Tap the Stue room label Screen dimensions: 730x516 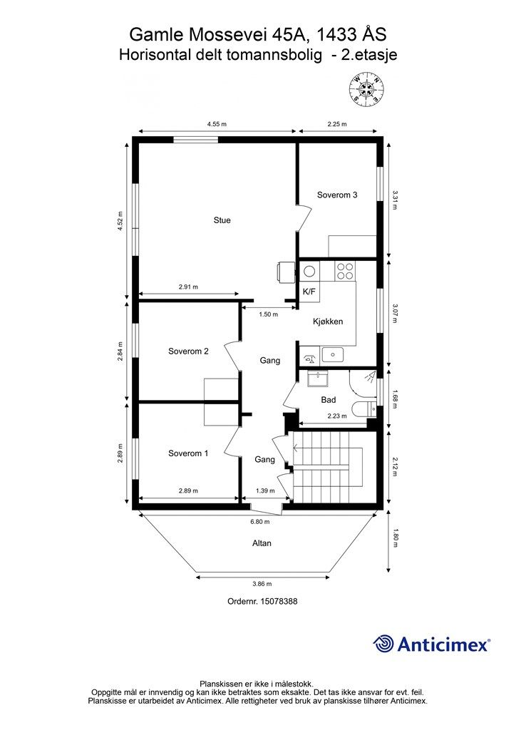pyautogui.click(x=222, y=220)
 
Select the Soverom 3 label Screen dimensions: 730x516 pyautogui.click(x=337, y=195)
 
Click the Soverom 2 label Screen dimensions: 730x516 pyautogui.click(x=188, y=351)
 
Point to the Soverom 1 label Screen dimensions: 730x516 pyautogui.click(x=188, y=453)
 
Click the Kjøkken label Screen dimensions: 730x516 pyautogui.click(x=328, y=322)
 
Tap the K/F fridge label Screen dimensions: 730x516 pyautogui.click(x=309, y=292)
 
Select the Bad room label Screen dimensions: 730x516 pyautogui.click(x=328, y=400)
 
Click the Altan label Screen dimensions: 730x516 pyautogui.click(x=262, y=543)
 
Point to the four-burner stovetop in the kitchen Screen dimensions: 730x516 pyautogui.click(x=345, y=271)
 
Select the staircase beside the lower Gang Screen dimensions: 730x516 pyautogui.click(x=328, y=468)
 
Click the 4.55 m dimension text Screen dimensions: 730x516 pyautogui.click(x=217, y=124)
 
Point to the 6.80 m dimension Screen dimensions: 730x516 pyautogui.click(x=261, y=520)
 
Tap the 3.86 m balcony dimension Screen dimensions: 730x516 pyautogui.click(x=262, y=583)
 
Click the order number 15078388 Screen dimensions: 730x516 pyautogui.click(x=276, y=601)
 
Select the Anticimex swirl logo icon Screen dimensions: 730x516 pyautogui.click(x=384, y=644)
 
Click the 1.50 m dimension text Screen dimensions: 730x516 pyautogui.click(x=268, y=314)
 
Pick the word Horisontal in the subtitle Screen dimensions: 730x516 pyautogui.click(x=158, y=53)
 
